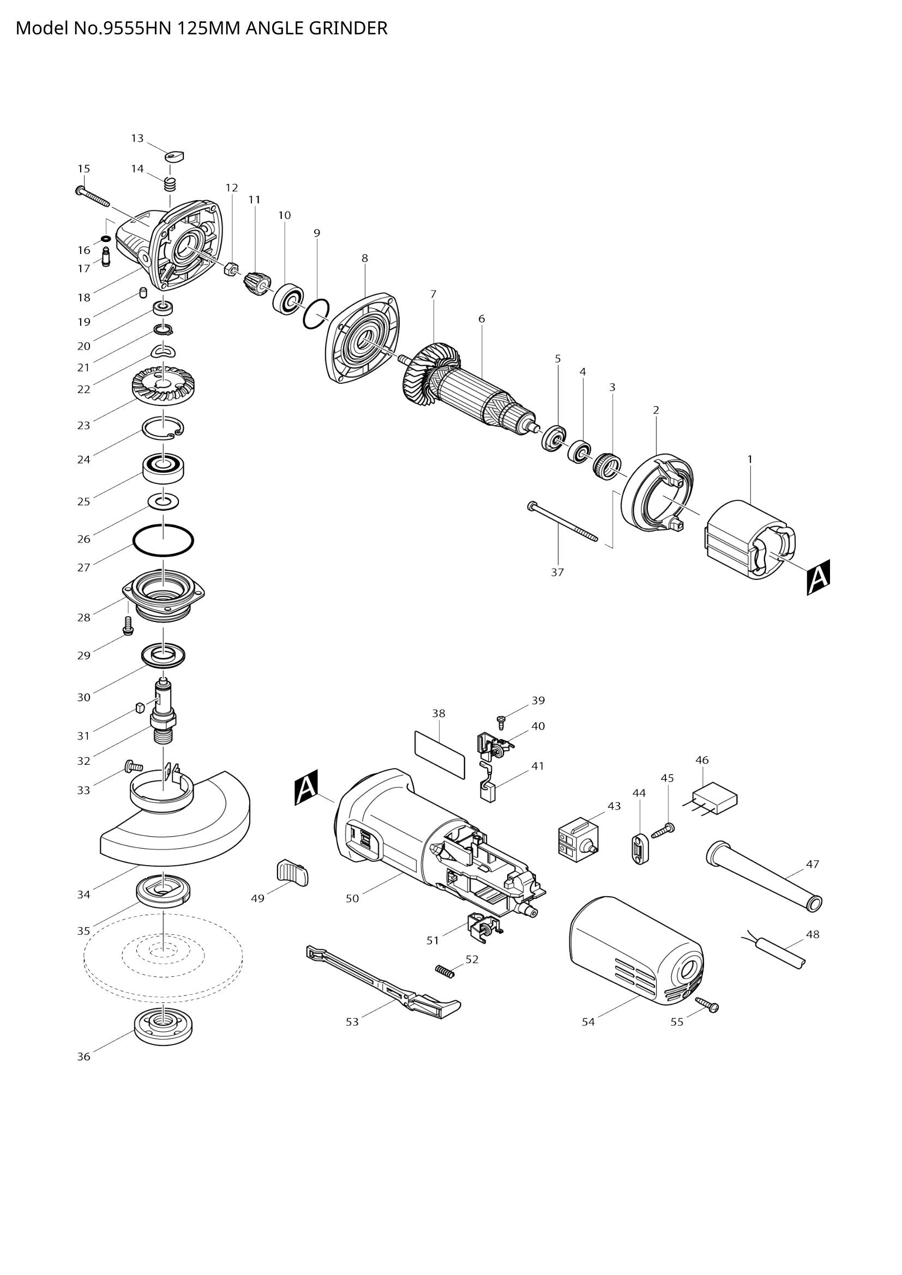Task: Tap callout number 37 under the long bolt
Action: (x=557, y=572)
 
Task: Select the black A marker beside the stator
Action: (x=818, y=577)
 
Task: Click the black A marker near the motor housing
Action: (x=306, y=788)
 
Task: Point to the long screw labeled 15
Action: (x=93, y=195)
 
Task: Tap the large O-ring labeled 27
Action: (x=163, y=539)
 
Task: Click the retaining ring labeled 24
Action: (x=163, y=427)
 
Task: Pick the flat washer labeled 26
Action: (x=163, y=502)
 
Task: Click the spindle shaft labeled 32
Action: (x=163, y=714)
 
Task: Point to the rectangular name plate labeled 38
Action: (x=439, y=754)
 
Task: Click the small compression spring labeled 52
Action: (x=444, y=970)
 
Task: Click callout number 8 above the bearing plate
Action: (x=364, y=258)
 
